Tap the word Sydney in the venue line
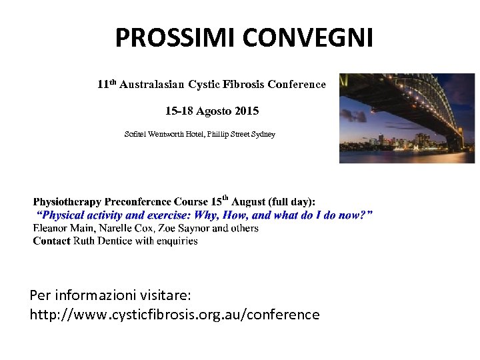(263, 135)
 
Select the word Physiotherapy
(66, 201)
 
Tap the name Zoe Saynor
(180, 228)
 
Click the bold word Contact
(51, 241)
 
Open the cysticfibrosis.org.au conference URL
(175, 314)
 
